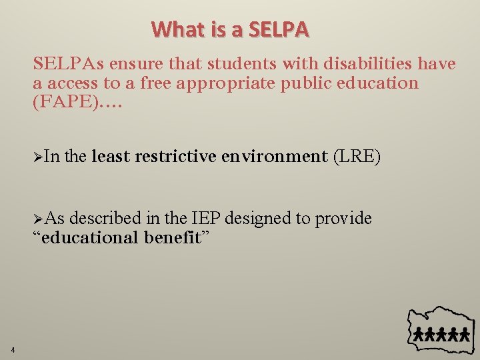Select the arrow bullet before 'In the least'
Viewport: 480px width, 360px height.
38,157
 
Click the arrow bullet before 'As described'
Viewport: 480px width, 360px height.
38,219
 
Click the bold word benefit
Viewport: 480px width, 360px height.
172,238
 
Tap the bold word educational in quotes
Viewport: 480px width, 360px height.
90,238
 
